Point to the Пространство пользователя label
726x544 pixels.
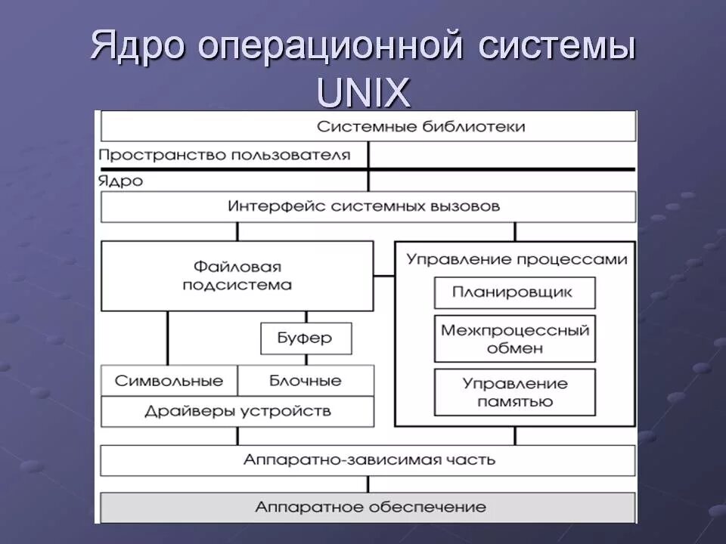[225, 156]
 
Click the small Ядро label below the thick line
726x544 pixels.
[120, 181]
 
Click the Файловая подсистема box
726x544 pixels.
[237, 276]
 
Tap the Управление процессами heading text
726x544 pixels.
[517, 259]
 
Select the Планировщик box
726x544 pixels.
[514, 292]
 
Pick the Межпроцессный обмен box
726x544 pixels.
[514, 339]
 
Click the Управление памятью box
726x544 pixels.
[514, 392]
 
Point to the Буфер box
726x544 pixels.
[306, 338]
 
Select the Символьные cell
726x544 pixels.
[169, 381]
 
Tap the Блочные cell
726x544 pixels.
[306, 381]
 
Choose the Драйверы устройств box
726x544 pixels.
[237, 412]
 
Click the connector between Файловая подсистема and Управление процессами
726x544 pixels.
[384, 276]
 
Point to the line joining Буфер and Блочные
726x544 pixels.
[306, 360]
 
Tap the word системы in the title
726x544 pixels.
[557, 47]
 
